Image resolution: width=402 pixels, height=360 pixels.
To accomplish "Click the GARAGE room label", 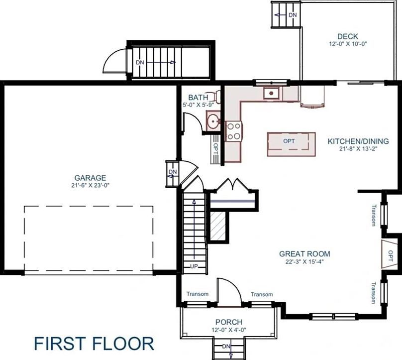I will [x=90, y=178].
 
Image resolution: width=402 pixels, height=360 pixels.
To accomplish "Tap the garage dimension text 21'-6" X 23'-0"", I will [x=90, y=185].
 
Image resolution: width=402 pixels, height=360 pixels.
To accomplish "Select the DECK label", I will [x=347, y=36].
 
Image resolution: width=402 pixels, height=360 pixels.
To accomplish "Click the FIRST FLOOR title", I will [x=94, y=344].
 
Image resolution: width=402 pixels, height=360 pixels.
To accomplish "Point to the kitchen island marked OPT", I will [x=291, y=144].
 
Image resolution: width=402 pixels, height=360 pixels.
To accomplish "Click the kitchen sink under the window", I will [x=272, y=92].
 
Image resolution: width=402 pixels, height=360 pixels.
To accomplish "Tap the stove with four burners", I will [x=234, y=131].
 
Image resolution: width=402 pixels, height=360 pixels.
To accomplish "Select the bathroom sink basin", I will [x=213, y=120].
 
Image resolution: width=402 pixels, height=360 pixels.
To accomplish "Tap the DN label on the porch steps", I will [x=226, y=346].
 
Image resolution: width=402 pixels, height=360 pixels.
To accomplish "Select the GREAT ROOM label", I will [x=304, y=254].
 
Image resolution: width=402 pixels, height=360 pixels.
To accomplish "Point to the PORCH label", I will [x=228, y=322].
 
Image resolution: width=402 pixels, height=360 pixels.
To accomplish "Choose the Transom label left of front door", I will [x=198, y=294].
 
